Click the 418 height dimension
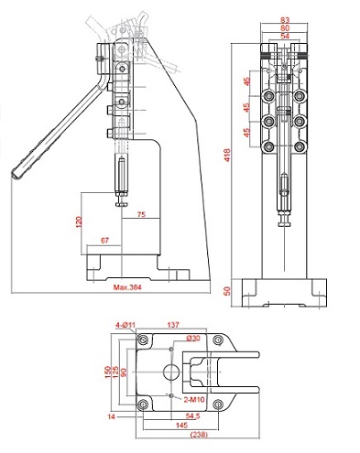coord(227,155)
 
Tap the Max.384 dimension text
coord(127,287)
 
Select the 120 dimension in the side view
coord(79,221)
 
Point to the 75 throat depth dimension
coord(141,214)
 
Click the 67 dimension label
coord(104,241)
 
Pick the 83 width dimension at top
coord(285,20)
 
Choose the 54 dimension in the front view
coord(285,36)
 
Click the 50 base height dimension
coord(227,291)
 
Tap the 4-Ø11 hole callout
coord(125,326)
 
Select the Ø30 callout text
coord(193,338)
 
